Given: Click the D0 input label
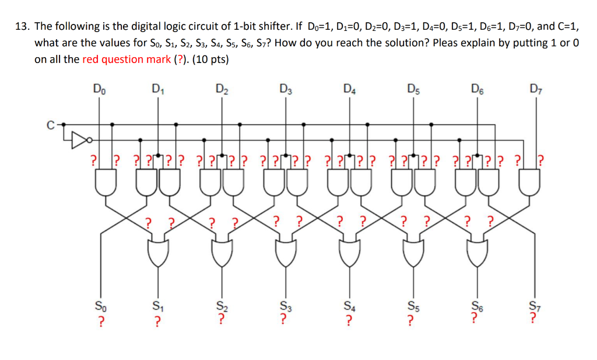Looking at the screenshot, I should [99, 89].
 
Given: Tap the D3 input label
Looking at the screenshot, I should [285, 89].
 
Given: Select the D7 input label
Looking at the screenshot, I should [535, 89].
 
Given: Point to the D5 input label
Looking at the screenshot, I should [413, 89].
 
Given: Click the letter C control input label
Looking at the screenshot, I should [51, 124].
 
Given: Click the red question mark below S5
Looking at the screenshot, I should [411, 319].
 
